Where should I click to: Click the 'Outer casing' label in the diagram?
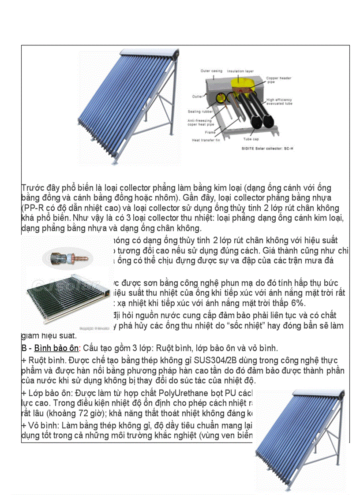click(211, 71)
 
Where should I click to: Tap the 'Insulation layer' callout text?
click(240, 71)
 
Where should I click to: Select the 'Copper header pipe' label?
click(278, 80)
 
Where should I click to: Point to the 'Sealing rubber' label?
click(200, 112)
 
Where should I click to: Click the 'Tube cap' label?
click(251, 138)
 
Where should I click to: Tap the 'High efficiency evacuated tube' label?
click(279, 102)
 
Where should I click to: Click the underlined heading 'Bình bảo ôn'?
click(56, 348)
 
